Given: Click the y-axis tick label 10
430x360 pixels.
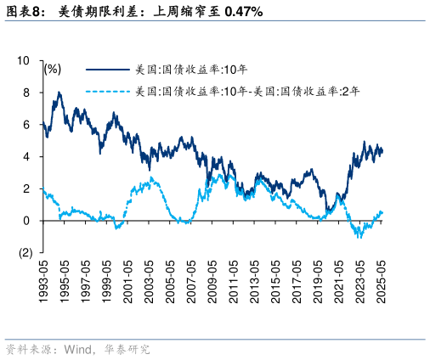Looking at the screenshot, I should [x=24, y=61].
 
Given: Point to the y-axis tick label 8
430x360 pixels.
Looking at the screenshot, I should [x=26, y=93].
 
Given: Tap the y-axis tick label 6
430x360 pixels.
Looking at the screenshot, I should [x=26, y=125].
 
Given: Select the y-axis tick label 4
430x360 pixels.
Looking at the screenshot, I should [x=26, y=157].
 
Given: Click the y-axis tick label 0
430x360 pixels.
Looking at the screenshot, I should [x=26, y=221].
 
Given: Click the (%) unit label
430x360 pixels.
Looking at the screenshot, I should [x=53, y=69].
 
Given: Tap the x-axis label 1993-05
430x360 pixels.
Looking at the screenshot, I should [x=43, y=278].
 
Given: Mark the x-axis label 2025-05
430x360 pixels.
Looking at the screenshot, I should [x=384, y=278].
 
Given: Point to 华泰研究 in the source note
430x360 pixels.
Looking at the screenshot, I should [x=127, y=349].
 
